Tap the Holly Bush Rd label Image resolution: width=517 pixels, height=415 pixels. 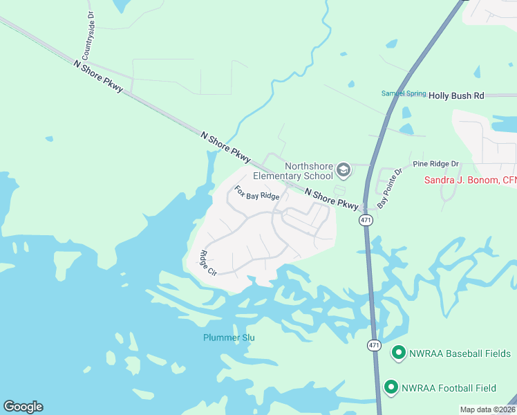click(456, 96)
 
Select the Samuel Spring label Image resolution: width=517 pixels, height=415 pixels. click(402, 93)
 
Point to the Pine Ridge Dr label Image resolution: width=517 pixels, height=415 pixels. click(435, 164)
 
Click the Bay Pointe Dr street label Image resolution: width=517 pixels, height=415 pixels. click(388, 188)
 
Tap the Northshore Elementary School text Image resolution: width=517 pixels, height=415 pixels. click(293, 171)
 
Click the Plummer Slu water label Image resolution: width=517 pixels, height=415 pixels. click(229, 338)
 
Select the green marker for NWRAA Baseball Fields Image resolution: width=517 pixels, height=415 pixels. click(398, 353)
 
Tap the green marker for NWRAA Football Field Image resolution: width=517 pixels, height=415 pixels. click(391, 387)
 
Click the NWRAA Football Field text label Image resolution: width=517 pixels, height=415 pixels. click(458, 388)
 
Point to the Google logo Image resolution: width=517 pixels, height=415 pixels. click(23, 407)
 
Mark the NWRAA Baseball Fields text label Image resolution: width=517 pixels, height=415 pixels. click(460, 353)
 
